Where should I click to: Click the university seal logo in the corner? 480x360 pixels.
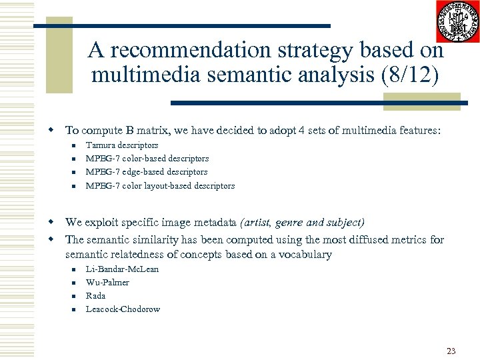click(457, 21)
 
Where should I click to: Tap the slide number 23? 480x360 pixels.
click(451, 351)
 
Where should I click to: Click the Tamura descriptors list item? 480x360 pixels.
click(122, 145)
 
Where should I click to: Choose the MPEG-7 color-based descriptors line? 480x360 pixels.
click(147, 159)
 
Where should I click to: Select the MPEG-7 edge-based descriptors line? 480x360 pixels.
click(147, 172)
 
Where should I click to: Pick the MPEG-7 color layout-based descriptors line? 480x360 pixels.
click(160, 186)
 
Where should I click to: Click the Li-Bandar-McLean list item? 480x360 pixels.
click(122, 269)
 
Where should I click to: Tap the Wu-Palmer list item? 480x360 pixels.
click(107, 282)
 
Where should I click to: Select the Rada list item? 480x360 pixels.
click(96, 295)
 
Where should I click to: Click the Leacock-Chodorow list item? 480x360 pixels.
click(123, 309)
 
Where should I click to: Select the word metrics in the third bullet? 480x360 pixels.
click(411, 240)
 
